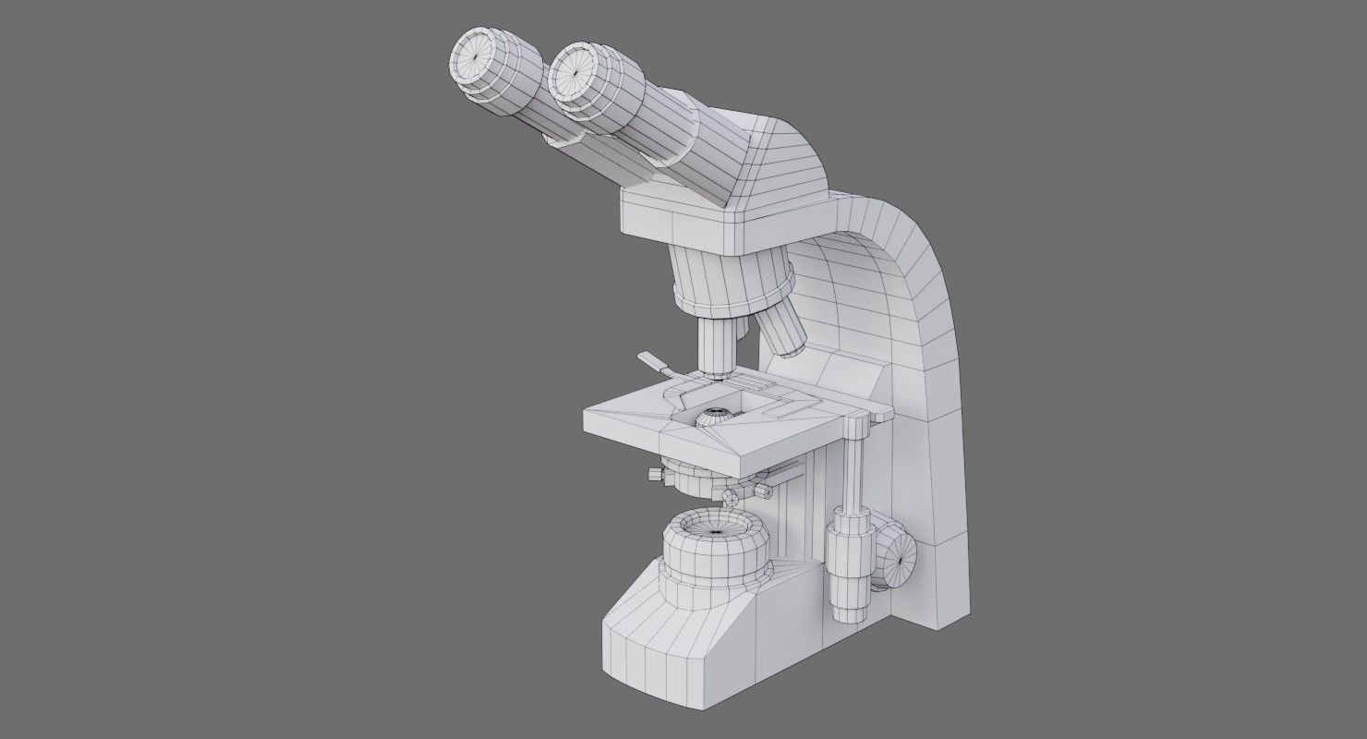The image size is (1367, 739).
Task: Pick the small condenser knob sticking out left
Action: click(x=657, y=475)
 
